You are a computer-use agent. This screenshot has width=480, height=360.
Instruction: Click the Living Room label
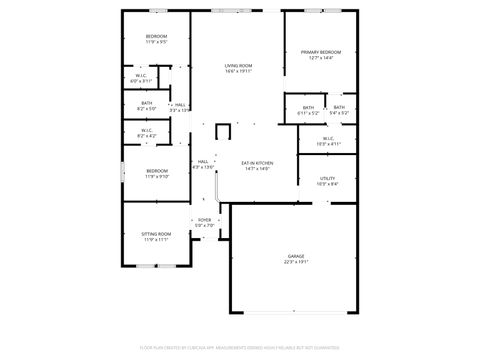pos(237,66)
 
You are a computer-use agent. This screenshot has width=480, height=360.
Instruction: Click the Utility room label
pos(327,177)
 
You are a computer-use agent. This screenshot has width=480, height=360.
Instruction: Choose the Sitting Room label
pos(157,234)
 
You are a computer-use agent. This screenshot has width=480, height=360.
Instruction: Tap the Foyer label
pos(204,220)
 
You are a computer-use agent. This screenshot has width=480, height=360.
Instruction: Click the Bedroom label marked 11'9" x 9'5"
pos(157,37)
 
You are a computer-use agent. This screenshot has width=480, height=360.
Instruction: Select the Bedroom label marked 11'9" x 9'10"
pos(157,170)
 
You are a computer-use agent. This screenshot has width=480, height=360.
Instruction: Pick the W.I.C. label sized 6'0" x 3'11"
pos(142,76)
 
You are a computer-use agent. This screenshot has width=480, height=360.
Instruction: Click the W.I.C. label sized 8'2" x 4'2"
pos(146,130)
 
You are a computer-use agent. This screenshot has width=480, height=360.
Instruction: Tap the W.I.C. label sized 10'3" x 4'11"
pos(328,139)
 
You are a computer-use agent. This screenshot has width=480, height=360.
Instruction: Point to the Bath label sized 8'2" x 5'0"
pos(146,103)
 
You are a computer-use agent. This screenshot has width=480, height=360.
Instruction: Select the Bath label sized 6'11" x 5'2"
pos(308,108)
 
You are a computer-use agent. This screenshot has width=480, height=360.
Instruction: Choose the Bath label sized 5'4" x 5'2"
pos(339,108)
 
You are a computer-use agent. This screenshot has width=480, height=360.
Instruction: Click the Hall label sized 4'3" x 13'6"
pos(203,162)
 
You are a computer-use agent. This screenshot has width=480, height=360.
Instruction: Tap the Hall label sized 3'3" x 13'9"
pos(180,104)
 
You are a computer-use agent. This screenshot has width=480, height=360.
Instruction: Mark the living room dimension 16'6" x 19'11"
pos(237,72)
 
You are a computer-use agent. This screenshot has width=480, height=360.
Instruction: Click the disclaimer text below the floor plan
pos(240,349)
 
